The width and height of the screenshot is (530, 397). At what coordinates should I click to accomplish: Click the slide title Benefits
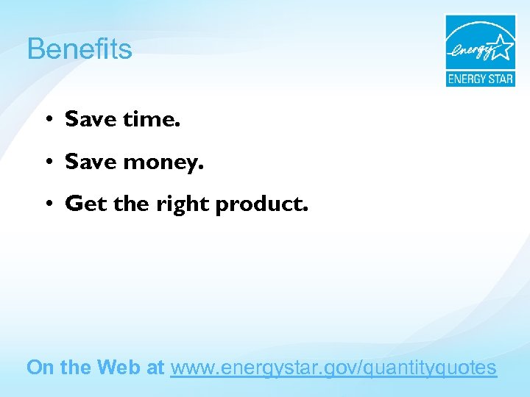(x=79, y=49)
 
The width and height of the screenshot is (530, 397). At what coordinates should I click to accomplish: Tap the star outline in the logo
(x=503, y=47)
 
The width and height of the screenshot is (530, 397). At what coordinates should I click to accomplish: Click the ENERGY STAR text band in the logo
(x=480, y=78)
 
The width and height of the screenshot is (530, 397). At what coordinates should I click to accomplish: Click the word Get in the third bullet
(x=85, y=204)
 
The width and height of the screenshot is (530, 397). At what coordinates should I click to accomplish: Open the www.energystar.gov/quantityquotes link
(x=333, y=368)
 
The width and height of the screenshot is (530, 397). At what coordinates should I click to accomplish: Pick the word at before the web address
(x=155, y=367)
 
